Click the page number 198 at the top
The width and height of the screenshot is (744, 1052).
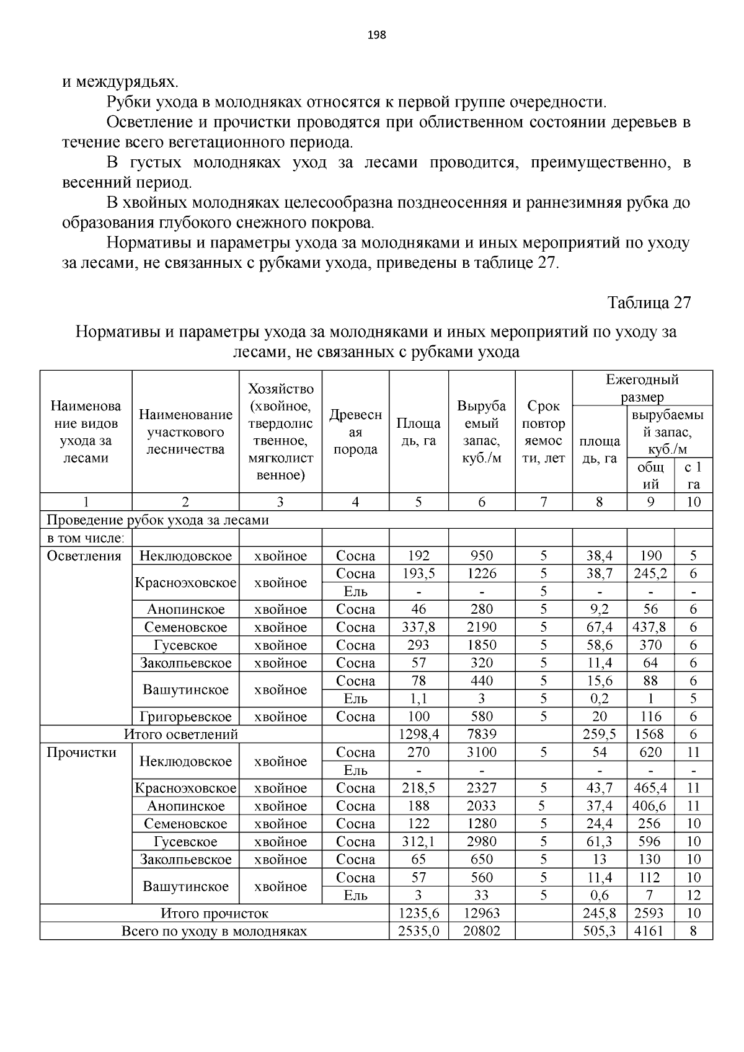[376, 35]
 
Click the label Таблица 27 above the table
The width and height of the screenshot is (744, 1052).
[649, 303]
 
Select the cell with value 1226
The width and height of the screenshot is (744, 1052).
[482, 574]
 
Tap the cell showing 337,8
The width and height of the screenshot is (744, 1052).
[418, 627]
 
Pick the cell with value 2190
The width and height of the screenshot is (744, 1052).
[482, 627]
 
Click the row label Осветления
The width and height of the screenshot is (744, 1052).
[84, 556]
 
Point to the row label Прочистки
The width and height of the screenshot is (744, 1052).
[82, 753]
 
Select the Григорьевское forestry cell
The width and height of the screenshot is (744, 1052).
[185, 717]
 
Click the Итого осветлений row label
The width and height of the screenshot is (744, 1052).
[181, 735]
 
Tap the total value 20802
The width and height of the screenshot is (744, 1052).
[482, 931]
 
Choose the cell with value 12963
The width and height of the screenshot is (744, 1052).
[482, 913]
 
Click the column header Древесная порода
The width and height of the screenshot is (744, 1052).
[355, 432]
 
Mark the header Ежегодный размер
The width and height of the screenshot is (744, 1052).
[642, 388]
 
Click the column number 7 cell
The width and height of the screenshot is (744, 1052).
[543, 502]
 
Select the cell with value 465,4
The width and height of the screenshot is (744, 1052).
[650, 789]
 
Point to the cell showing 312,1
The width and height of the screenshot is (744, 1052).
[418, 842]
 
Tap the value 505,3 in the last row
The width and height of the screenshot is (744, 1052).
[600, 931]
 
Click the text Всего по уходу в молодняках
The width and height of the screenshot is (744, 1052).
[214, 931]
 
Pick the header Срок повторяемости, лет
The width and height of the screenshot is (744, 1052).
[543, 432]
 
